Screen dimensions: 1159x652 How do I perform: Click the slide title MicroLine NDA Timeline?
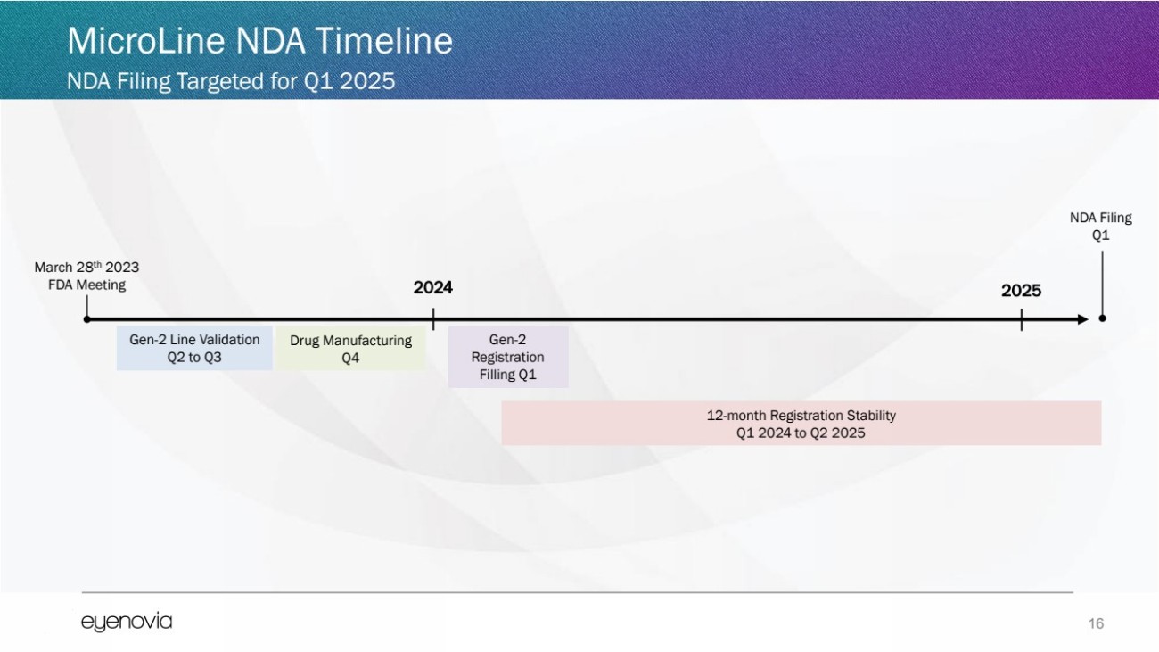[259, 41]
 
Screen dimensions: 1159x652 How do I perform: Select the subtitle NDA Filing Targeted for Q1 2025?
[231, 81]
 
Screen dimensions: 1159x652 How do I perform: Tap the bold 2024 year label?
[433, 288]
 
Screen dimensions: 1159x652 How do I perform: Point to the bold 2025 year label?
[1021, 291]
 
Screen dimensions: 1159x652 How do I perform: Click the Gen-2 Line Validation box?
[194, 348]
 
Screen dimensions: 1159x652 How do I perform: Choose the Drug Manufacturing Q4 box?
[350, 348]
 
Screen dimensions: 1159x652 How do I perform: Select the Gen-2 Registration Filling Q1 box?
[508, 357]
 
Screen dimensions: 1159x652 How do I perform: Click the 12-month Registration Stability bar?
[801, 424]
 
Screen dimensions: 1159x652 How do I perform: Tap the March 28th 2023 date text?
[87, 267]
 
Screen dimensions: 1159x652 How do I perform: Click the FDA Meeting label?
[87, 285]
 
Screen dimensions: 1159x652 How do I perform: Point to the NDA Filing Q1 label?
[1100, 227]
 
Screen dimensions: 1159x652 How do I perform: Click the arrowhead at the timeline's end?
[1083, 319]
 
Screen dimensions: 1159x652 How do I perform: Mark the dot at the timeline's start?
[87, 319]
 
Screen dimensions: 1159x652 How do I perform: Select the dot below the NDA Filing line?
[1102, 318]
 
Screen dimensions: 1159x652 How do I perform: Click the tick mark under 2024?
[433, 319]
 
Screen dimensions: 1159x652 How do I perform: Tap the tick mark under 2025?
[1022, 320]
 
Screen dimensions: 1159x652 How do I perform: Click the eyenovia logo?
[127, 622]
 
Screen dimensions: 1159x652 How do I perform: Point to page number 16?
[1096, 623]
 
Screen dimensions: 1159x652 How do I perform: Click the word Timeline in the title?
[383, 41]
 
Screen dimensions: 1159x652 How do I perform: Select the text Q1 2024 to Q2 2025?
[801, 433]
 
